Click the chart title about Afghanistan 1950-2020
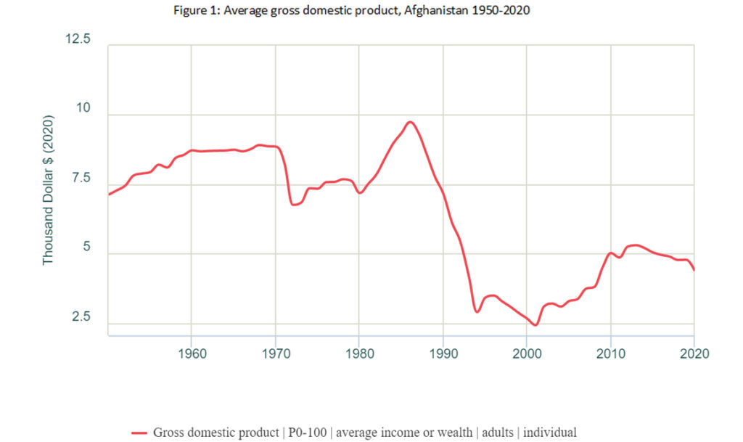tap(371, 12)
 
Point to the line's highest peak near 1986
tap(411, 122)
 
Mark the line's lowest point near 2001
tap(535, 325)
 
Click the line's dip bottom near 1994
tap(477, 312)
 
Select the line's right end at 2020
tap(694, 270)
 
